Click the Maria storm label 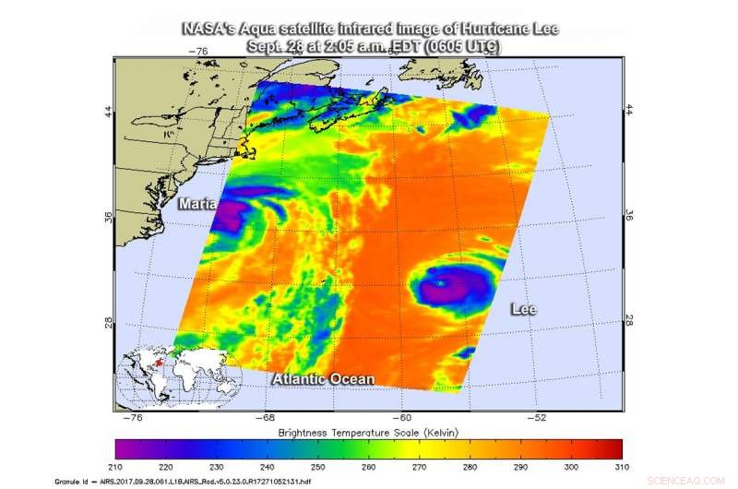click(x=197, y=203)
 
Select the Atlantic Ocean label click(x=323, y=379)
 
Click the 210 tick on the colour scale click(x=116, y=465)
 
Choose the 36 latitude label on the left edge click(x=110, y=216)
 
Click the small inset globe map click(x=178, y=376)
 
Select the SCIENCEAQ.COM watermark click(x=689, y=480)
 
